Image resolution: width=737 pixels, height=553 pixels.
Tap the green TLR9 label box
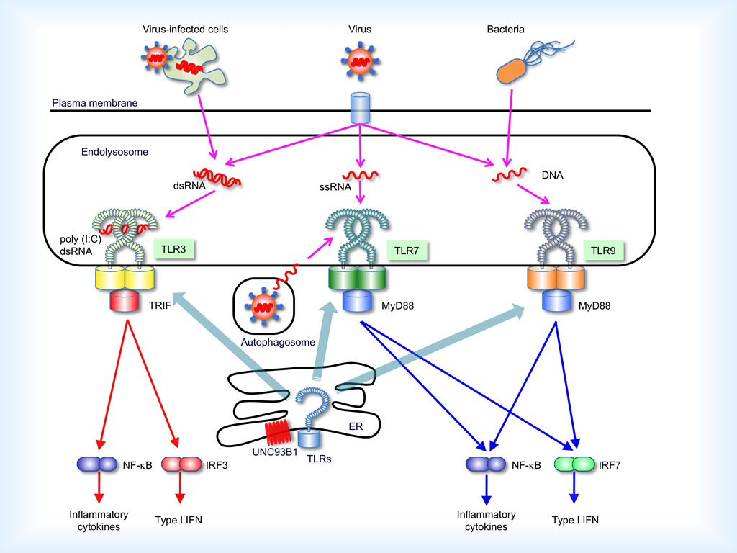coord(603,249)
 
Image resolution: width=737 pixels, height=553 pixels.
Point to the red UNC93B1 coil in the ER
coord(278,433)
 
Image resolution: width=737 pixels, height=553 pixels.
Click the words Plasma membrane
coord(94,103)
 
